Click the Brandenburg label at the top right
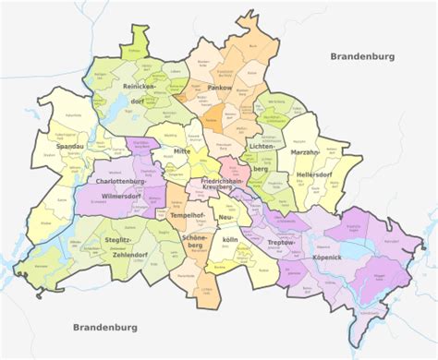[363, 56]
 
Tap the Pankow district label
[219, 88]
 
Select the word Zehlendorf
[128, 257]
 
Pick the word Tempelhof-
[189, 215]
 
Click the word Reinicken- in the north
[140, 86]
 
